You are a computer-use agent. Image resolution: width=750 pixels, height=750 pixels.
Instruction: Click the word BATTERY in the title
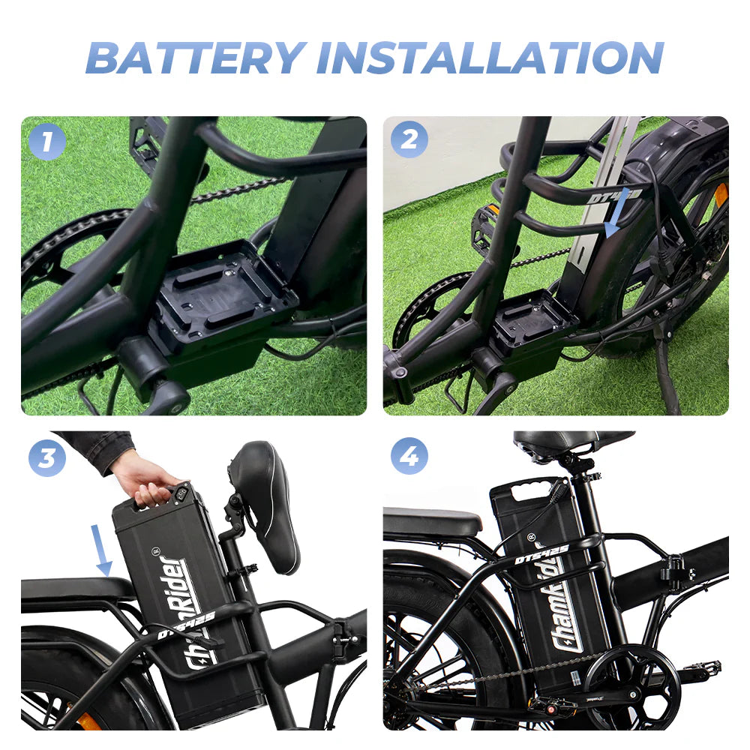tap(196, 57)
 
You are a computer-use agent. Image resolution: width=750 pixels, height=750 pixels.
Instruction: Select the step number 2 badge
tap(409, 140)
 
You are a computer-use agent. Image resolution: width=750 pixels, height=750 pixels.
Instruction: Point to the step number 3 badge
tap(46, 457)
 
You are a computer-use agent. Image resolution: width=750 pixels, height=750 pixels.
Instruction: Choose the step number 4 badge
tap(409, 456)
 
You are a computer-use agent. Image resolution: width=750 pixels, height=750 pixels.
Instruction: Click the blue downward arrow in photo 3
tap(102, 551)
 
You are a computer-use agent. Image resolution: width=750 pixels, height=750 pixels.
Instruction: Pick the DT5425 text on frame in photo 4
tap(541, 554)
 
